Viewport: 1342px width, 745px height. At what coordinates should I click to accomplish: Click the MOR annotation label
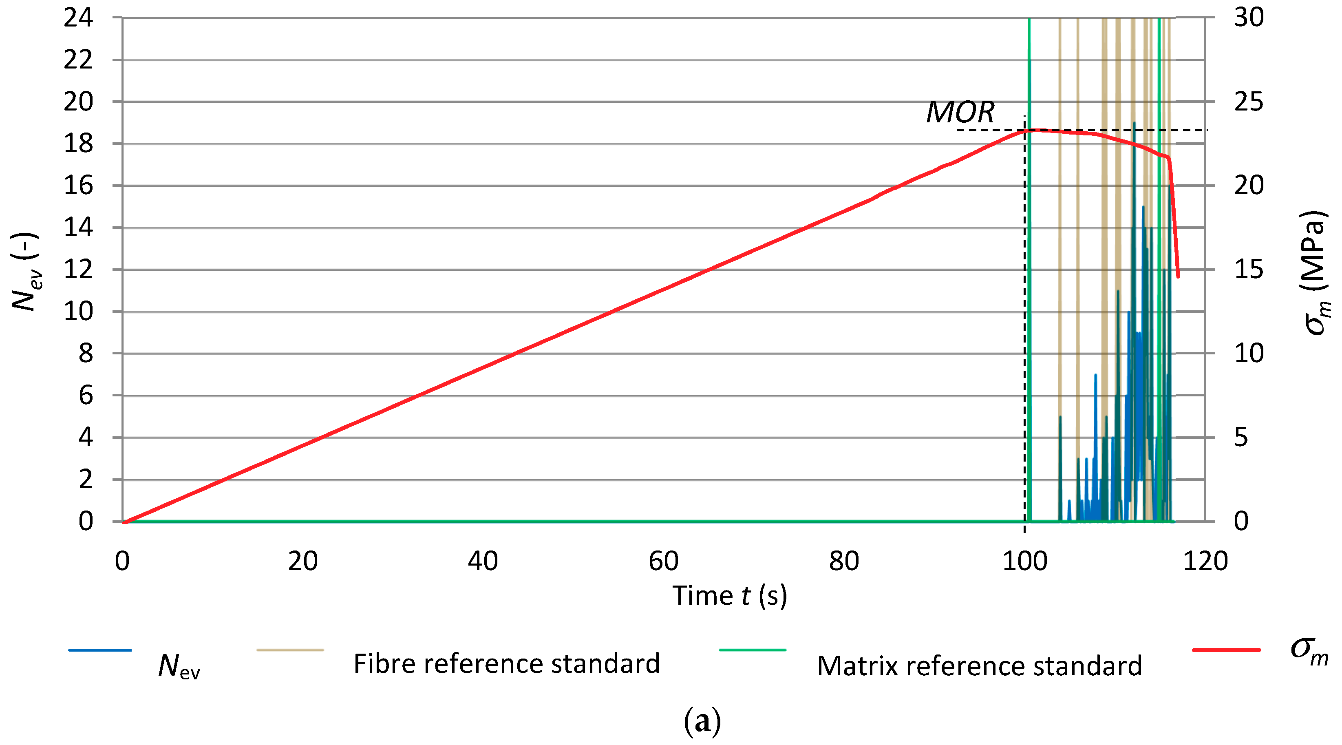click(x=960, y=112)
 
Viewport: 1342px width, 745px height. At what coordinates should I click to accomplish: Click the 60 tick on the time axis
click(x=664, y=562)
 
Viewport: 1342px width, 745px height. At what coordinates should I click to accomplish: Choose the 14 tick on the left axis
click(x=78, y=228)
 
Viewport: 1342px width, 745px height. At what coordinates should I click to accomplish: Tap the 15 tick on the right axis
click(x=1249, y=270)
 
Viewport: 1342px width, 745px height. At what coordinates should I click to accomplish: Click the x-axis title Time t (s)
click(x=729, y=595)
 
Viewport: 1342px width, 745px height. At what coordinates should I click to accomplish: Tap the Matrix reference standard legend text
click(x=980, y=666)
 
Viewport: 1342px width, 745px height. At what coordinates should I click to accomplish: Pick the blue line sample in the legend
click(x=100, y=650)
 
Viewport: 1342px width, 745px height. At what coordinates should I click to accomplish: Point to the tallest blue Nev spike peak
click(x=1134, y=124)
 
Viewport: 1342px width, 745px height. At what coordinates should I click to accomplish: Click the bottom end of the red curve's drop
click(x=1178, y=276)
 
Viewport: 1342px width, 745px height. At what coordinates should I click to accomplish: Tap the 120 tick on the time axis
click(x=1205, y=562)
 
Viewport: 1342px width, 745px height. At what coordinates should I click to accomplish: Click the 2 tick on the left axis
click(x=86, y=479)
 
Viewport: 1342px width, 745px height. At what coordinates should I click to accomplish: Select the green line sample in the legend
click(x=752, y=650)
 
